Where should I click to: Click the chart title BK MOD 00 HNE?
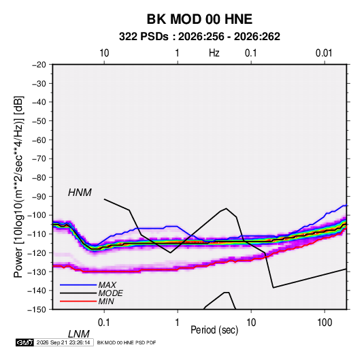click(x=199, y=19)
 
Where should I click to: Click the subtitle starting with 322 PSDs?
click(x=199, y=37)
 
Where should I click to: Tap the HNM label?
click(x=80, y=193)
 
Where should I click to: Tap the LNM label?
click(x=78, y=334)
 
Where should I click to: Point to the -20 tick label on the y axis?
click(x=39, y=65)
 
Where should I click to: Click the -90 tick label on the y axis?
click(x=39, y=196)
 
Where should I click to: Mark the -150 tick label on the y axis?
click(x=37, y=310)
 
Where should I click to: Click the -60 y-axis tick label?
click(x=39, y=140)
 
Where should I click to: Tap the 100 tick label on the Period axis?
click(x=325, y=323)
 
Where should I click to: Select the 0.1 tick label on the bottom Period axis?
click(x=104, y=323)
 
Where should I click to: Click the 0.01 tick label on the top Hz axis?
click(x=324, y=53)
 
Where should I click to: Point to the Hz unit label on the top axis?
click(x=214, y=53)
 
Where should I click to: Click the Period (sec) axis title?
click(x=214, y=330)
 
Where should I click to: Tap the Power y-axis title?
click(x=18, y=187)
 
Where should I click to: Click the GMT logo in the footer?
click(x=24, y=342)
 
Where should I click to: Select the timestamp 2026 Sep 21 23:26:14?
click(x=63, y=342)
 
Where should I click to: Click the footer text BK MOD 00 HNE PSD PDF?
click(x=127, y=342)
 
